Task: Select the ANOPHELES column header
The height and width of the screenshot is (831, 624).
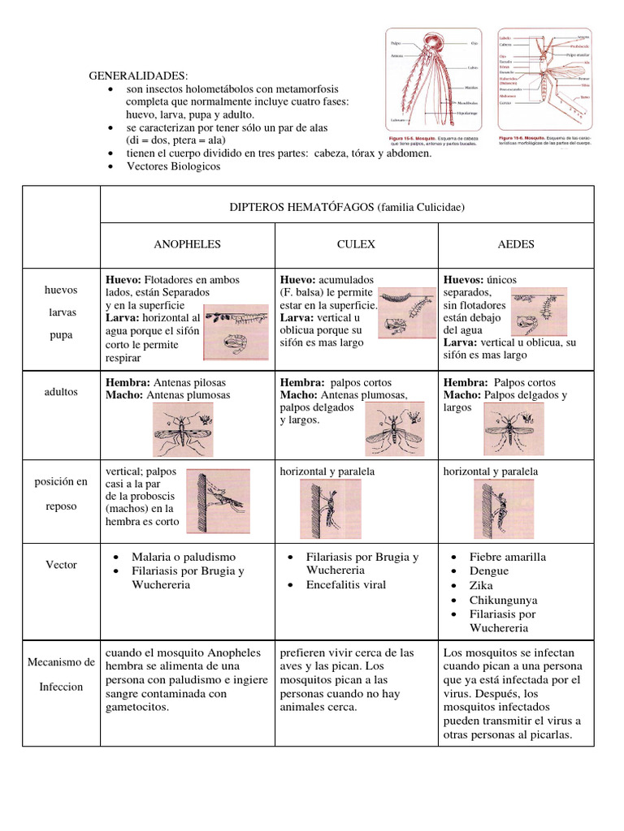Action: click(x=188, y=243)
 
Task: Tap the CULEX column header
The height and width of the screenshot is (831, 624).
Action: click(x=356, y=243)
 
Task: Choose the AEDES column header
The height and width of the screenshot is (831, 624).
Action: click(x=516, y=243)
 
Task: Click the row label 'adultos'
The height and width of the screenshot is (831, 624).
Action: click(x=61, y=391)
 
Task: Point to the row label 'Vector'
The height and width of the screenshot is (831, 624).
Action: click(x=61, y=564)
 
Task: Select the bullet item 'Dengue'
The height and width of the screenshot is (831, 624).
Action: click(x=489, y=571)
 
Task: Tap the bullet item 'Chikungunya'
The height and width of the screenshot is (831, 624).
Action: click(x=503, y=601)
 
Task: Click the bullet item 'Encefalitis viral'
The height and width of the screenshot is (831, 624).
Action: click(x=346, y=585)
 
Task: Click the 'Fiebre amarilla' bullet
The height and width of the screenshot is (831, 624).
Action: click(x=508, y=557)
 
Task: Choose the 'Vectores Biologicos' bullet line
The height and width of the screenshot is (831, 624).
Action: click(x=173, y=166)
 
